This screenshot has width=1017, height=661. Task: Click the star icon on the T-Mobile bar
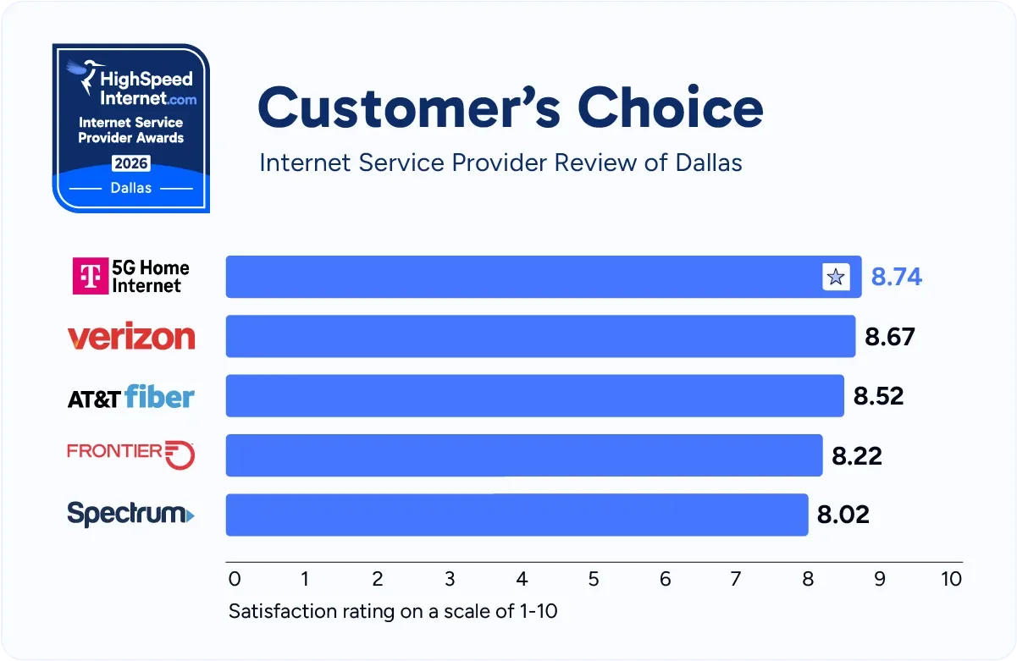click(x=836, y=277)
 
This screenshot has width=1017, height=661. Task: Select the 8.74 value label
click(x=896, y=277)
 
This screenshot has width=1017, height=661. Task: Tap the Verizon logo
click(x=131, y=337)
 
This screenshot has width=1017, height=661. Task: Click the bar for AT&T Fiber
click(x=534, y=395)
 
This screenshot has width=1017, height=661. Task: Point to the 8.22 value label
click(x=856, y=456)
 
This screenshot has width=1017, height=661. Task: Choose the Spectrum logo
click(x=130, y=514)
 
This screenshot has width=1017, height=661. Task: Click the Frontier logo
click(x=131, y=454)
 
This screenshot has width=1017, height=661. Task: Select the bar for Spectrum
click(x=517, y=515)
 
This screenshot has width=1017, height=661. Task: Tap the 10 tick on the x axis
click(x=951, y=579)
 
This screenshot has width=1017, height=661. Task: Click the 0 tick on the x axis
click(x=235, y=579)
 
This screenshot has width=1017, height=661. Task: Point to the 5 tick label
click(x=594, y=579)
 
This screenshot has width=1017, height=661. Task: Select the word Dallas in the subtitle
click(x=709, y=162)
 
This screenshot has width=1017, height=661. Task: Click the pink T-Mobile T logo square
click(x=90, y=277)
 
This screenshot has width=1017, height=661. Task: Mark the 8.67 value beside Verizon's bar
click(x=889, y=337)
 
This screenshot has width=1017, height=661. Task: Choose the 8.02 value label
click(x=843, y=515)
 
